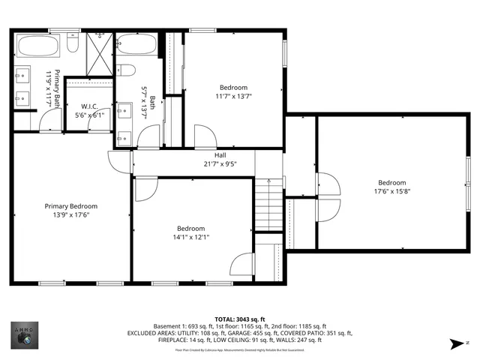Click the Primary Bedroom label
(71, 206)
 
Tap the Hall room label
(220, 155)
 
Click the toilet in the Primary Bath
(73, 44)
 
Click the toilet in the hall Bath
(127, 71)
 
